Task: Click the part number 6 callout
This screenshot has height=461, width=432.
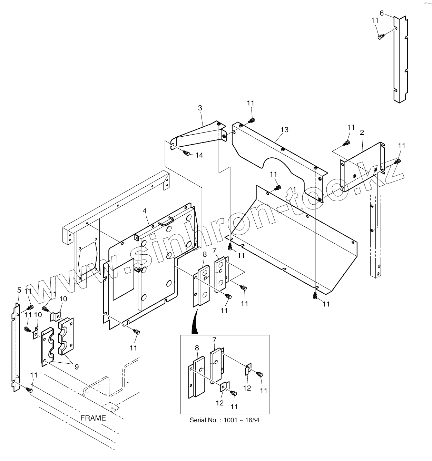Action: tap(381, 13)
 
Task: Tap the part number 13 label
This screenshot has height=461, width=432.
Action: tap(284, 130)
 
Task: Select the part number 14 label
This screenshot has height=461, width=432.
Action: tap(199, 155)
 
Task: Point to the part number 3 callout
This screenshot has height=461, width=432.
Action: tap(200, 108)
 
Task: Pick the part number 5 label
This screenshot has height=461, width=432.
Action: tap(19, 290)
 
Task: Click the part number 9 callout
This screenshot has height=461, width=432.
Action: tap(77, 367)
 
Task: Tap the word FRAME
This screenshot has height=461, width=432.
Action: tap(93, 418)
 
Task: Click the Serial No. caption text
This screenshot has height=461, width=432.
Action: tap(224, 420)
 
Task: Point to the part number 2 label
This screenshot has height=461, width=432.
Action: tap(362, 133)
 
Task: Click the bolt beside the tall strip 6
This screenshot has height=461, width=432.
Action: tap(381, 37)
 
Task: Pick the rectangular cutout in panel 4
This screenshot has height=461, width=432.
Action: tap(123, 278)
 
